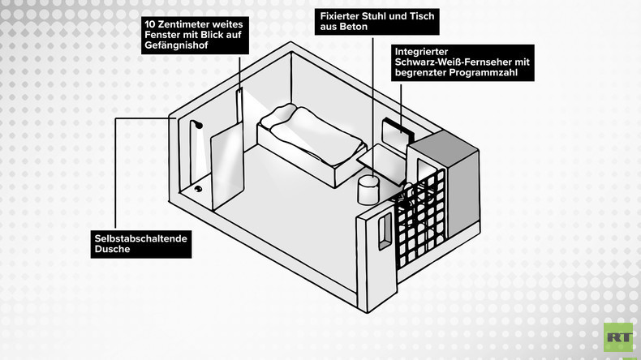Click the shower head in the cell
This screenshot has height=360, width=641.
pyautogui.click(x=199, y=125)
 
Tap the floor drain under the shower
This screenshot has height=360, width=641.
pyautogui.click(x=198, y=189)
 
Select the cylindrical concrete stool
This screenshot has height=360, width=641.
pyautogui.click(x=368, y=190)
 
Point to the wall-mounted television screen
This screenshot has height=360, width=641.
pyautogui.click(x=398, y=132)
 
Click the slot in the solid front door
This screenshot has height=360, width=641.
pyautogui.click(x=385, y=231)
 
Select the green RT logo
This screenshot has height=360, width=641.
pyautogui.click(x=618, y=337)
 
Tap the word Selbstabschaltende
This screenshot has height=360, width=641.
pyautogui.click(x=140, y=238)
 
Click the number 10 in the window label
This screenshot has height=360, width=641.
pyautogui.click(x=150, y=24)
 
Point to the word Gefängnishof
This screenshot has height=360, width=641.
pyautogui.click(x=177, y=45)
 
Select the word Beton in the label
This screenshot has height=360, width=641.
pyautogui.click(x=355, y=27)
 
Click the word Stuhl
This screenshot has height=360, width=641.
pyautogui.click(x=372, y=16)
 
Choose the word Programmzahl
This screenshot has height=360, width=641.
pyautogui.click(x=484, y=73)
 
